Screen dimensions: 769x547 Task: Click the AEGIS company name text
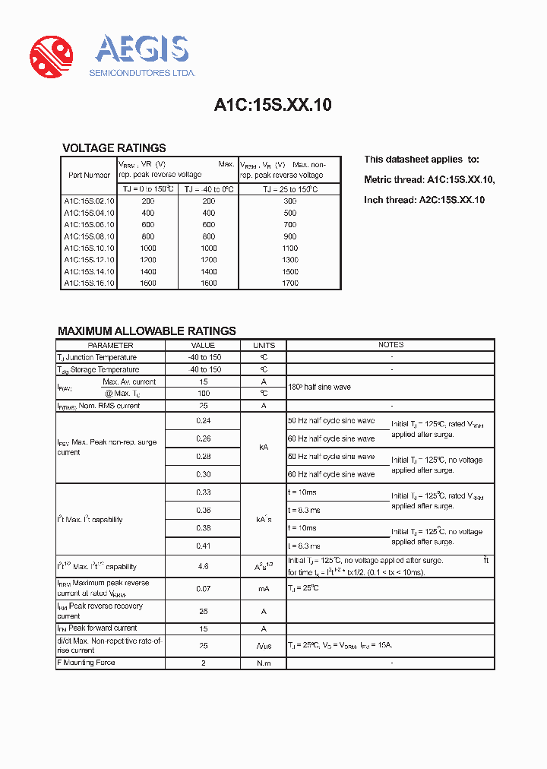click(x=142, y=50)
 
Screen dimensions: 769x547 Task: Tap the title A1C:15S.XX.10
click(x=273, y=106)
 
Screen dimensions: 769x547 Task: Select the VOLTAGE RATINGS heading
click(x=114, y=148)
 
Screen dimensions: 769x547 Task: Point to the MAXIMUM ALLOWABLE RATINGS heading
click(x=147, y=331)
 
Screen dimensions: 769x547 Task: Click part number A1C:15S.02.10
click(x=89, y=201)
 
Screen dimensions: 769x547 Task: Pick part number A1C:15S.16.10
click(x=89, y=283)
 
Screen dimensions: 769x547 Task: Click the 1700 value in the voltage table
click(x=289, y=283)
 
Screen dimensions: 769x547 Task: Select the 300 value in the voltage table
click(x=289, y=201)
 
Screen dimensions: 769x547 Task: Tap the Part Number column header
click(x=89, y=175)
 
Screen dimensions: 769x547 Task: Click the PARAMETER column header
click(x=110, y=345)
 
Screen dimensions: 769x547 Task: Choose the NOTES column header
click(x=390, y=345)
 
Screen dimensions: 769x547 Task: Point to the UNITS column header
click(x=264, y=345)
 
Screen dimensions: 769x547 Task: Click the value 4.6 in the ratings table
click(x=203, y=567)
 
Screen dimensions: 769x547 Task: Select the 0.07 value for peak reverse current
click(x=203, y=589)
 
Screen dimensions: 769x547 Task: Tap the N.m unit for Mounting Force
click(x=264, y=663)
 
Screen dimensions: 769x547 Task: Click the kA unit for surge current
click(x=264, y=448)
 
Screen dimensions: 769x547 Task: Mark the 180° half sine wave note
click(x=319, y=388)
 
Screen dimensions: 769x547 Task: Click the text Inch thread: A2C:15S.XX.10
click(x=424, y=200)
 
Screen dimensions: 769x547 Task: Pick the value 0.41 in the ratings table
click(x=203, y=546)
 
